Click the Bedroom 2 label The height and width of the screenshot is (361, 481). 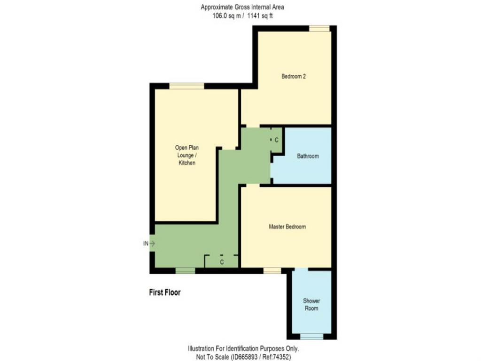pyautogui.click(x=294, y=76)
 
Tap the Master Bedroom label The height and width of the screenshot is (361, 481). pyautogui.click(x=287, y=227)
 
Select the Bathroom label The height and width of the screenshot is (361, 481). pyautogui.click(x=308, y=156)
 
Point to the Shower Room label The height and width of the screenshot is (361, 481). pyautogui.click(x=311, y=305)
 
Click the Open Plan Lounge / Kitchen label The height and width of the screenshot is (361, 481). pyautogui.click(x=187, y=155)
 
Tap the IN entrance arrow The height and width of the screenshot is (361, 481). pyautogui.click(x=152, y=243)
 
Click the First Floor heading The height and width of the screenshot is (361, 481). pyautogui.click(x=165, y=292)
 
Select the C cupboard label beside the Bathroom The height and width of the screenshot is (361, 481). pyautogui.click(x=276, y=140)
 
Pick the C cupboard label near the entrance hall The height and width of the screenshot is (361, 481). pyautogui.click(x=222, y=262)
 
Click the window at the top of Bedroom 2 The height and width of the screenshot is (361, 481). pyautogui.click(x=319, y=28)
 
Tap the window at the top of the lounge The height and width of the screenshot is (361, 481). pyautogui.click(x=187, y=86)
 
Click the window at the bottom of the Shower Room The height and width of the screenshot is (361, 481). pyautogui.click(x=312, y=337)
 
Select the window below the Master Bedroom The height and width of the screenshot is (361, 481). pyautogui.click(x=272, y=270)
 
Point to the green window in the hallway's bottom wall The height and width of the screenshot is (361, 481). pyautogui.click(x=185, y=270)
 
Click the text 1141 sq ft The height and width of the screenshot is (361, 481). pyautogui.click(x=260, y=16)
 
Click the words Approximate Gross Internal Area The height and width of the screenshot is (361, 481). pyautogui.click(x=242, y=7)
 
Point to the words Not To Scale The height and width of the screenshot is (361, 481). pyautogui.click(x=212, y=357)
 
